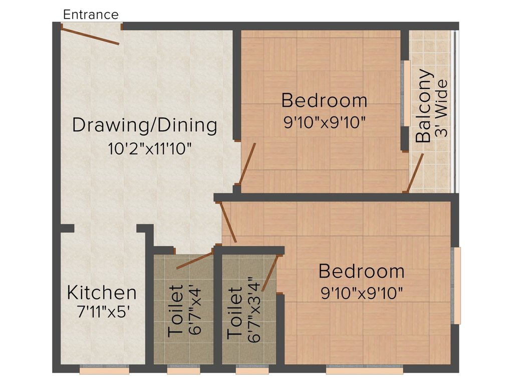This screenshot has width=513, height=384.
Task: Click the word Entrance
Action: point(91,14)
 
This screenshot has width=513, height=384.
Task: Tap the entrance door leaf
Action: point(90,36)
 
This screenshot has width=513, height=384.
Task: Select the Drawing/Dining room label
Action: point(145,125)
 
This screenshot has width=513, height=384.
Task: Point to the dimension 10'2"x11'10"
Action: point(150,149)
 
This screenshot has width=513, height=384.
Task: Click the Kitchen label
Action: point(102,292)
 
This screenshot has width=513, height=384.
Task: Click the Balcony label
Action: point(424,106)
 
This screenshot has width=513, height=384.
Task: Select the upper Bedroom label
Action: point(324,100)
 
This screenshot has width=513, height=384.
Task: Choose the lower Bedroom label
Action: point(361,271)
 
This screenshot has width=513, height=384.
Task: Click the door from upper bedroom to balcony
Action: point(415,173)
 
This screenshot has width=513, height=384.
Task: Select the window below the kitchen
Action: point(104,370)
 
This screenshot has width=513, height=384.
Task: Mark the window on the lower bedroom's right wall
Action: point(456,285)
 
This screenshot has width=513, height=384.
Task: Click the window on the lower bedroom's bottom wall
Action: point(364,370)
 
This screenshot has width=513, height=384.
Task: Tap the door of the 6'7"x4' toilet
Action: point(195,260)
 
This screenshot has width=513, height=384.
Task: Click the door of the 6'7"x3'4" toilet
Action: point(271,273)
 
